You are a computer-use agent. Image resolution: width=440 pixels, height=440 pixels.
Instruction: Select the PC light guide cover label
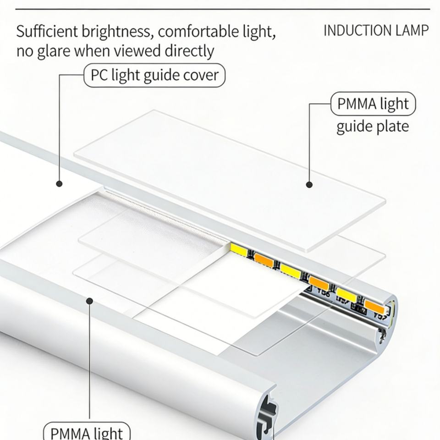pyautogui.click(x=154, y=75)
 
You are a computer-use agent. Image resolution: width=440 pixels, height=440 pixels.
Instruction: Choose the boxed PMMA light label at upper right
pyautogui.click(x=373, y=104)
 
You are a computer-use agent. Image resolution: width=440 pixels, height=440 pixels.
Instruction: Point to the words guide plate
pyautogui.click(x=372, y=126)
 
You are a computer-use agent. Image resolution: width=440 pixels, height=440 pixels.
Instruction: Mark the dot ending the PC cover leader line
pyautogui.click(x=59, y=183)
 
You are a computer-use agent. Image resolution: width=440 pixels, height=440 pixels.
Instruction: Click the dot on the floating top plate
pyautogui.click(x=309, y=185)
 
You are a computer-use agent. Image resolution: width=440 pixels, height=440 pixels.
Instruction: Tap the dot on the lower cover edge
pyautogui.click(x=90, y=301)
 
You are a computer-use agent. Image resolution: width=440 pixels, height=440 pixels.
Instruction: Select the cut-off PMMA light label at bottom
pyautogui.click(x=87, y=433)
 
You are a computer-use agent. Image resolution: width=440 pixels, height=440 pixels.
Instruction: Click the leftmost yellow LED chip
pyautogui.click(x=238, y=250)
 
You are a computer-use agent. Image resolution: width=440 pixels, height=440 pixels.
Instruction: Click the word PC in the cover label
pyautogui.click(x=99, y=75)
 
